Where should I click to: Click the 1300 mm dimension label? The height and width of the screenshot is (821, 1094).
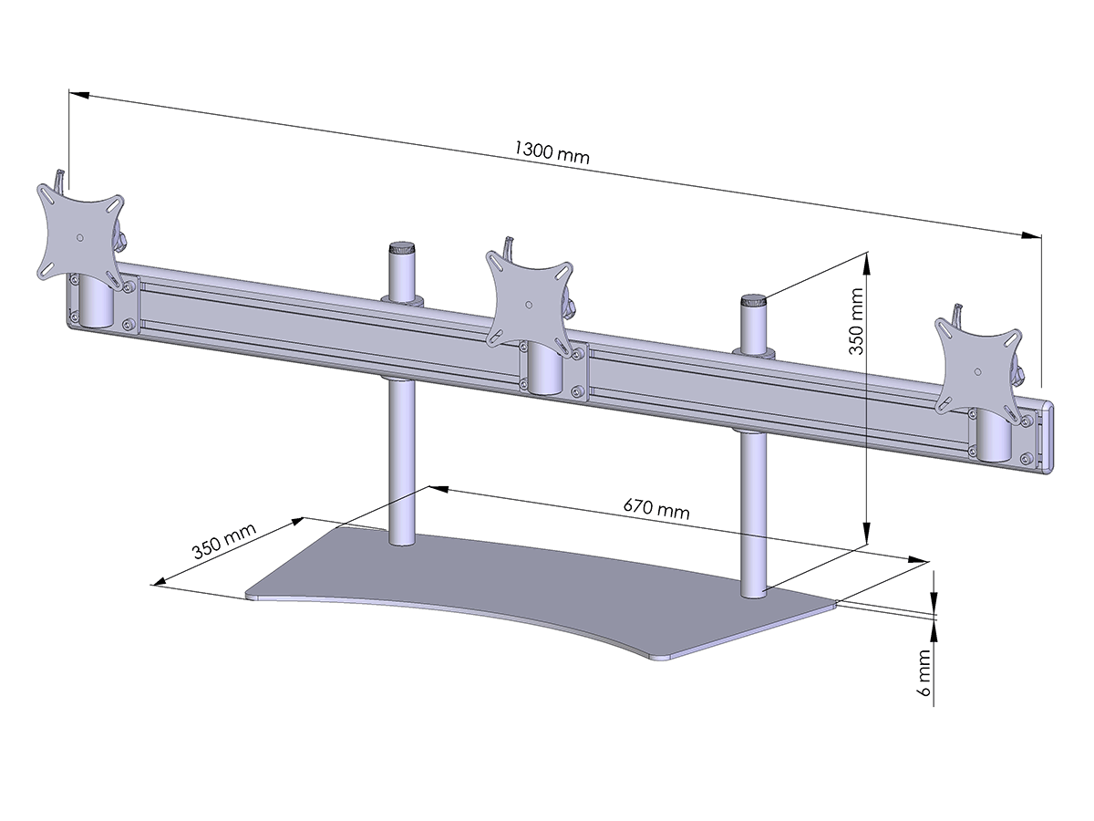click(x=552, y=151)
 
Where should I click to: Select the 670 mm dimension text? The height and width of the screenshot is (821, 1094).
click(x=656, y=509)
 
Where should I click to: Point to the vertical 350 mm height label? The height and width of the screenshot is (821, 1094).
click(x=856, y=321)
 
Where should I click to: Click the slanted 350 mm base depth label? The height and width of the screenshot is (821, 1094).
click(x=223, y=540)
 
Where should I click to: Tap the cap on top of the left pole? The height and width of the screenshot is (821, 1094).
click(x=402, y=248)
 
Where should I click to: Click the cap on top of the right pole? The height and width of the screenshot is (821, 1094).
click(x=753, y=302)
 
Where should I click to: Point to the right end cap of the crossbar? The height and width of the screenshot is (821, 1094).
click(x=1045, y=438)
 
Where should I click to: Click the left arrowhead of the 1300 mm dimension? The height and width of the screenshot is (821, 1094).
click(x=79, y=94)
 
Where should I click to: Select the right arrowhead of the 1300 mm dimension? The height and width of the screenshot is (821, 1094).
click(x=1031, y=235)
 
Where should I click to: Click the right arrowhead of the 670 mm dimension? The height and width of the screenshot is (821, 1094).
click(x=919, y=560)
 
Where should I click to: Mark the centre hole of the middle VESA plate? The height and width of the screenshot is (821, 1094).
click(x=530, y=304)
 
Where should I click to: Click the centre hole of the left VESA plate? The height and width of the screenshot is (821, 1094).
click(x=79, y=237)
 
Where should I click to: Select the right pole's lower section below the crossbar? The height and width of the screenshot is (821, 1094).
click(x=754, y=514)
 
